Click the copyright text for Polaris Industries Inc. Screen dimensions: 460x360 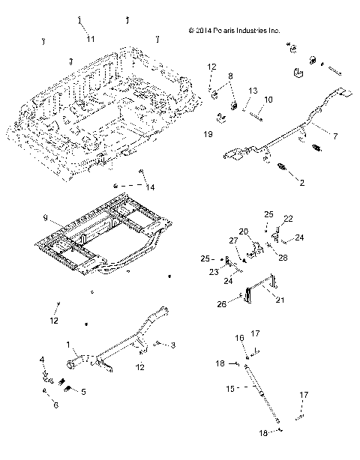pyautogui.click(x=235, y=31)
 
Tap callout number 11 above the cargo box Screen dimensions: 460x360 pyautogui.click(x=90, y=37)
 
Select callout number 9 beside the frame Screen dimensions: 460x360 pyautogui.click(x=46, y=218)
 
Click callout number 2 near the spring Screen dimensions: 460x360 pyautogui.click(x=301, y=182)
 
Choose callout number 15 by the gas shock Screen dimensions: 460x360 pyautogui.click(x=231, y=388)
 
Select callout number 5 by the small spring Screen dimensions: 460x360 pyautogui.click(x=83, y=391)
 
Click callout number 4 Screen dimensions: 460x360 pyautogui.click(x=42, y=360)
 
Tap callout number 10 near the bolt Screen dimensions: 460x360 pyautogui.click(x=268, y=100)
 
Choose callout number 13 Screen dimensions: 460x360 pyautogui.click(x=253, y=91)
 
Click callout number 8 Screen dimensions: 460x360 pyautogui.click(x=230, y=76)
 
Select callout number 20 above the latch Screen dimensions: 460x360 pyautogui.click(x=242, y=231)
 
